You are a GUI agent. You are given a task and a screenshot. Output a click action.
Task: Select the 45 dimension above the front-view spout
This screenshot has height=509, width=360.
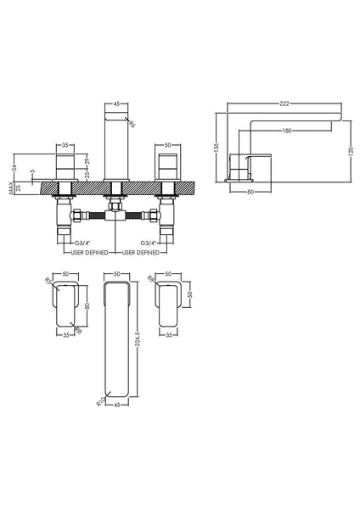[x=115, y=104]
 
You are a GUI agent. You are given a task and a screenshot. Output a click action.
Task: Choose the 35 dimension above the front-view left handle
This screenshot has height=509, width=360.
[x=65, y=145]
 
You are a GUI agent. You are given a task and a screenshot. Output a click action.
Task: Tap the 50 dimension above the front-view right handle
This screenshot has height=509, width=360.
[x=168, y=145]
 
